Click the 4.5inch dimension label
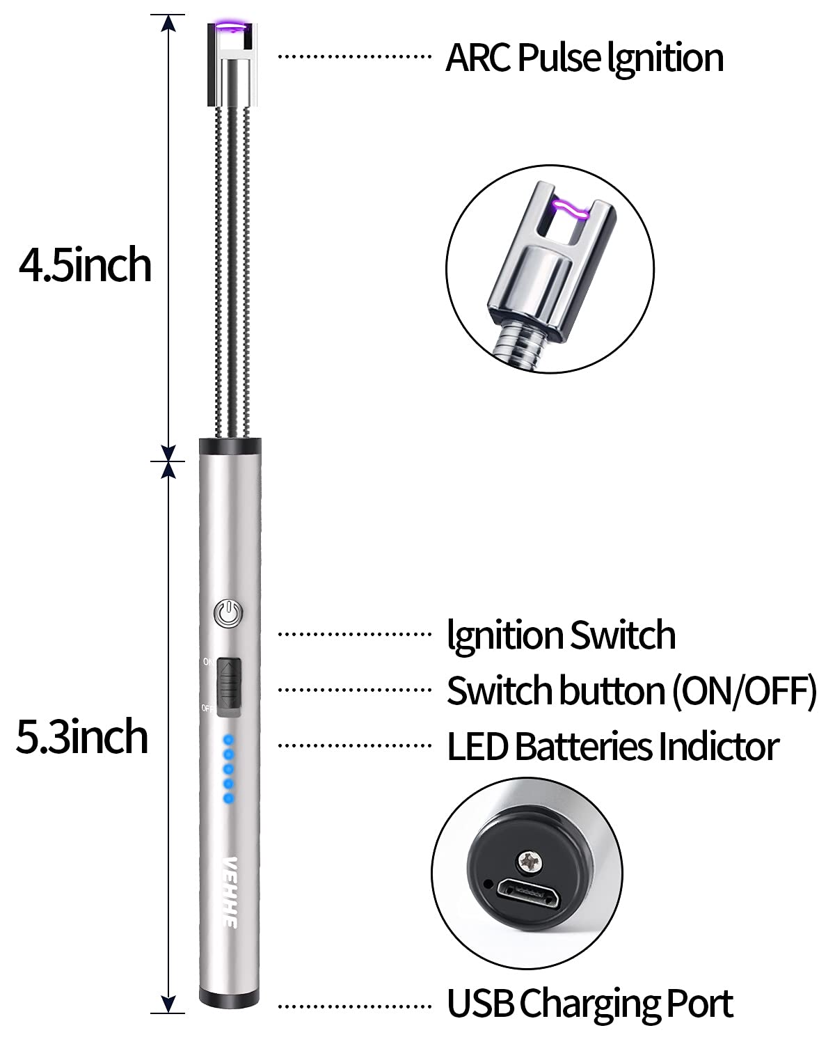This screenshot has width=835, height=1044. click(85, 265)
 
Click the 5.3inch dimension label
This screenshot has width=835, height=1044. click(82, 737)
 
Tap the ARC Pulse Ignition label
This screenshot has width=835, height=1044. click(584, 57)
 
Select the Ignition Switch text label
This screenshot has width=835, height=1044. click(561, 635)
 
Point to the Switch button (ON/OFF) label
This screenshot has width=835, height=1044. click(631, 690)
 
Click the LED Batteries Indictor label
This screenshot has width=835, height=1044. click(612, 746)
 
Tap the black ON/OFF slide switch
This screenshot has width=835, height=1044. click(228, 687)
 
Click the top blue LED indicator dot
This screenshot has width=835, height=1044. click(228, 741)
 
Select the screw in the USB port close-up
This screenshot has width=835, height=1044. click(529, 861)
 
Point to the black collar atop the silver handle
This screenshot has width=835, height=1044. click(230, 446)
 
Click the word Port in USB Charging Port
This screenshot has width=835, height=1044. click(699, 1004)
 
